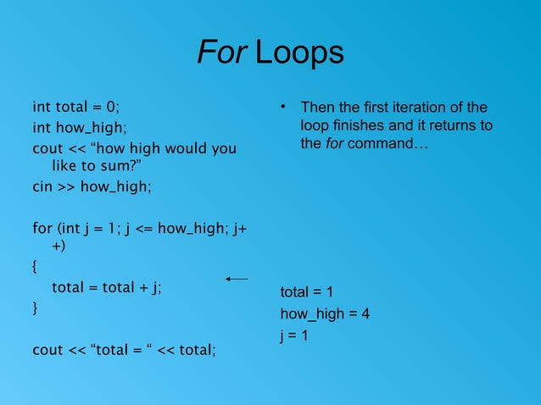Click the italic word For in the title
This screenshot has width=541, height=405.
pos(222,53)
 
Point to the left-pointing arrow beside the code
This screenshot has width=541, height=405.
pos(237,278)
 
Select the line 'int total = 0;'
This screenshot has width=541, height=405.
pos(76,108)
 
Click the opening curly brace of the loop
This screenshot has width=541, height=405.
pos(35,267)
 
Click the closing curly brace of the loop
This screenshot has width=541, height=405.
pos(35,308)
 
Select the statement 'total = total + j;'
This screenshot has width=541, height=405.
pos(107,287)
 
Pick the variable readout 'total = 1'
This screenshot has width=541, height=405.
pos(307,293)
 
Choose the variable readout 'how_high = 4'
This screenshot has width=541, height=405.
pos(325,314)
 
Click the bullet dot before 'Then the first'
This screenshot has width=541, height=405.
pos(286,108)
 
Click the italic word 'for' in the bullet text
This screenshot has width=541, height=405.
pos(333,144)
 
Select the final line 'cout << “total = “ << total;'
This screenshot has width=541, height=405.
pos(124,349)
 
